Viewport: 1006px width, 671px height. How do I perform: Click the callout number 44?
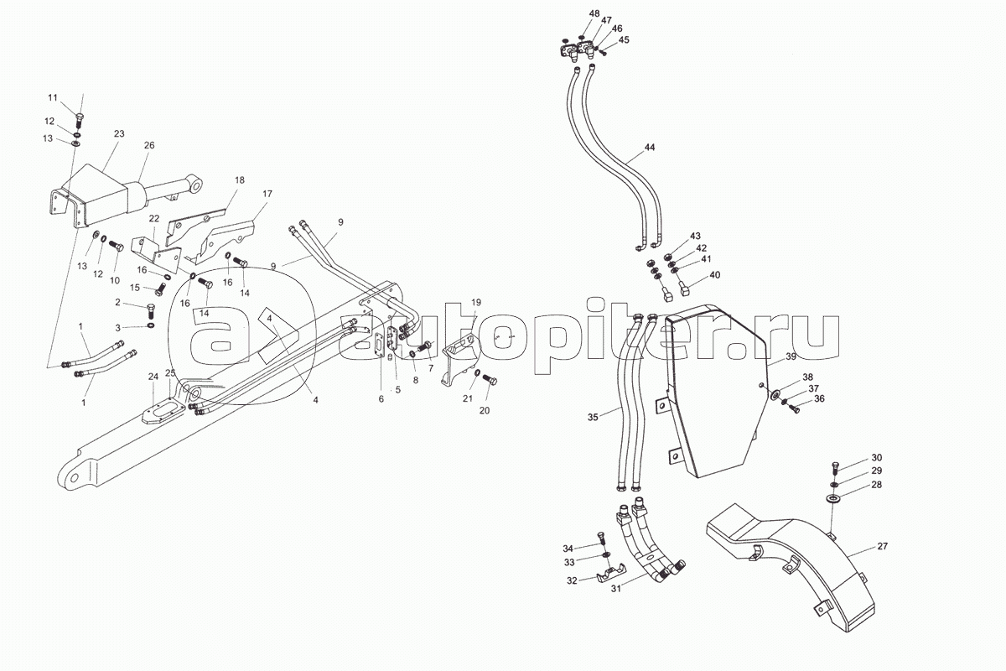(650, 148)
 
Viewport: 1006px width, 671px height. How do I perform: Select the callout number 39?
(791, 358)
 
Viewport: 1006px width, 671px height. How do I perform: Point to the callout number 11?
(76, 99)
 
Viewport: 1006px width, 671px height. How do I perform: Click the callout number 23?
(118, 134)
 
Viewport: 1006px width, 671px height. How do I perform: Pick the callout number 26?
(149, 145)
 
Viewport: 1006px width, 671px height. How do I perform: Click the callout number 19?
(475, 302)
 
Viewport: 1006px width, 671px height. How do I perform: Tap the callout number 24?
(153, 376)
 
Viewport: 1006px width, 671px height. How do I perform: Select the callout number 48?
(594, 14)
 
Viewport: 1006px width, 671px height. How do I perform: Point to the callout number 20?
(484, 410)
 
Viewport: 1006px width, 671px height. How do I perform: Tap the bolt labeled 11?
(79, 118)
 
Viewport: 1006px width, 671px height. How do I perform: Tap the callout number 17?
(267, 195)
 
